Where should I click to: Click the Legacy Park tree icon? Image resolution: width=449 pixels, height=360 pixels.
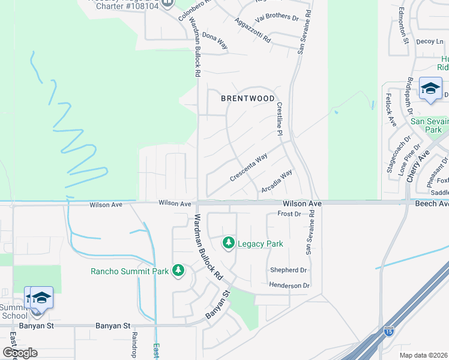(x=228, y=243)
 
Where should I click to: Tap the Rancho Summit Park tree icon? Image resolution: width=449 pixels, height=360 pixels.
(x=178, y=271)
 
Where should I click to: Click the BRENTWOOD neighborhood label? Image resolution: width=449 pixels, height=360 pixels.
(x=248, y=98)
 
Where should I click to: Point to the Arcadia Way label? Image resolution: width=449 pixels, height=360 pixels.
(x=277, y=181)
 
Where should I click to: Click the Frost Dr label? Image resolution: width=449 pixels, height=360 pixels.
(x=289, y=214)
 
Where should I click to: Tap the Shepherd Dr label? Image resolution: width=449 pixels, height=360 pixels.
(x=288, y=270)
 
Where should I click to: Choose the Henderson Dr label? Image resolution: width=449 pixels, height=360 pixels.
(x=289, y=286)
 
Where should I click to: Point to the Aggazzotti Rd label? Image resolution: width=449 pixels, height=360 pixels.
(x=254, y=31)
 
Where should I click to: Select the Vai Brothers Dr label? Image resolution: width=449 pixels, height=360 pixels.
(x=277, y=17)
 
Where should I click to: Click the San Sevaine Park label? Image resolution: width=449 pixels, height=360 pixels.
(x=430, y=125)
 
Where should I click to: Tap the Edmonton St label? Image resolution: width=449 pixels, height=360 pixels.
(x=403, y=26)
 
